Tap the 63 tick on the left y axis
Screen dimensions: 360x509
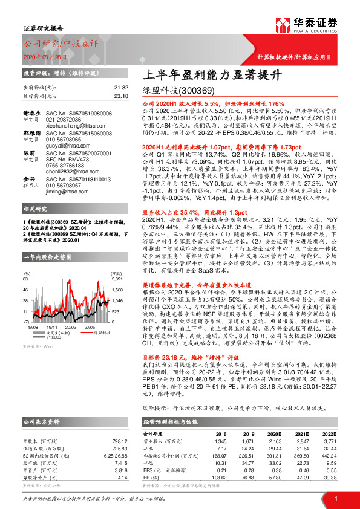(x=26, y=280)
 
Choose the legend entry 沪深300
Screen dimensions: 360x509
(x=62, y=336)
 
